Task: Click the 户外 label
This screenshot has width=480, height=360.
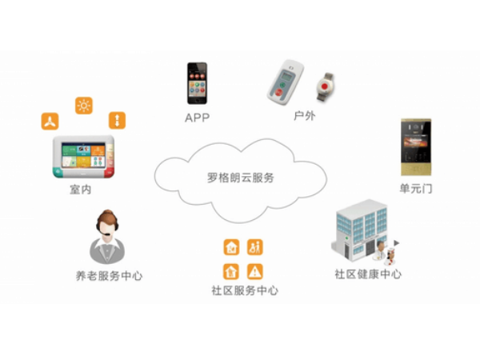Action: pos(302,118)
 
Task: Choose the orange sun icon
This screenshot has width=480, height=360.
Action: pos(83,104)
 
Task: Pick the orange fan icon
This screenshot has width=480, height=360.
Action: pos(50,122)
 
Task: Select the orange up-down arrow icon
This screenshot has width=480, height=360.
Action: pos(116,122)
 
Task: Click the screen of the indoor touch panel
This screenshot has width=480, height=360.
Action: pos(85,155)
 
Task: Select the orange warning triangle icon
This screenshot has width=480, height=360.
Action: pos(255,270)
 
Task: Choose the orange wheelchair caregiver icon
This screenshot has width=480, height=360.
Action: pos(255,246)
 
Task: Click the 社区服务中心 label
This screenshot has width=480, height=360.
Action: pos(240,291)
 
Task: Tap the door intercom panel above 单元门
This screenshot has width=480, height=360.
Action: pos(416,148)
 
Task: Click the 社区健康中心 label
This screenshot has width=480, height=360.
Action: pos(368,274)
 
